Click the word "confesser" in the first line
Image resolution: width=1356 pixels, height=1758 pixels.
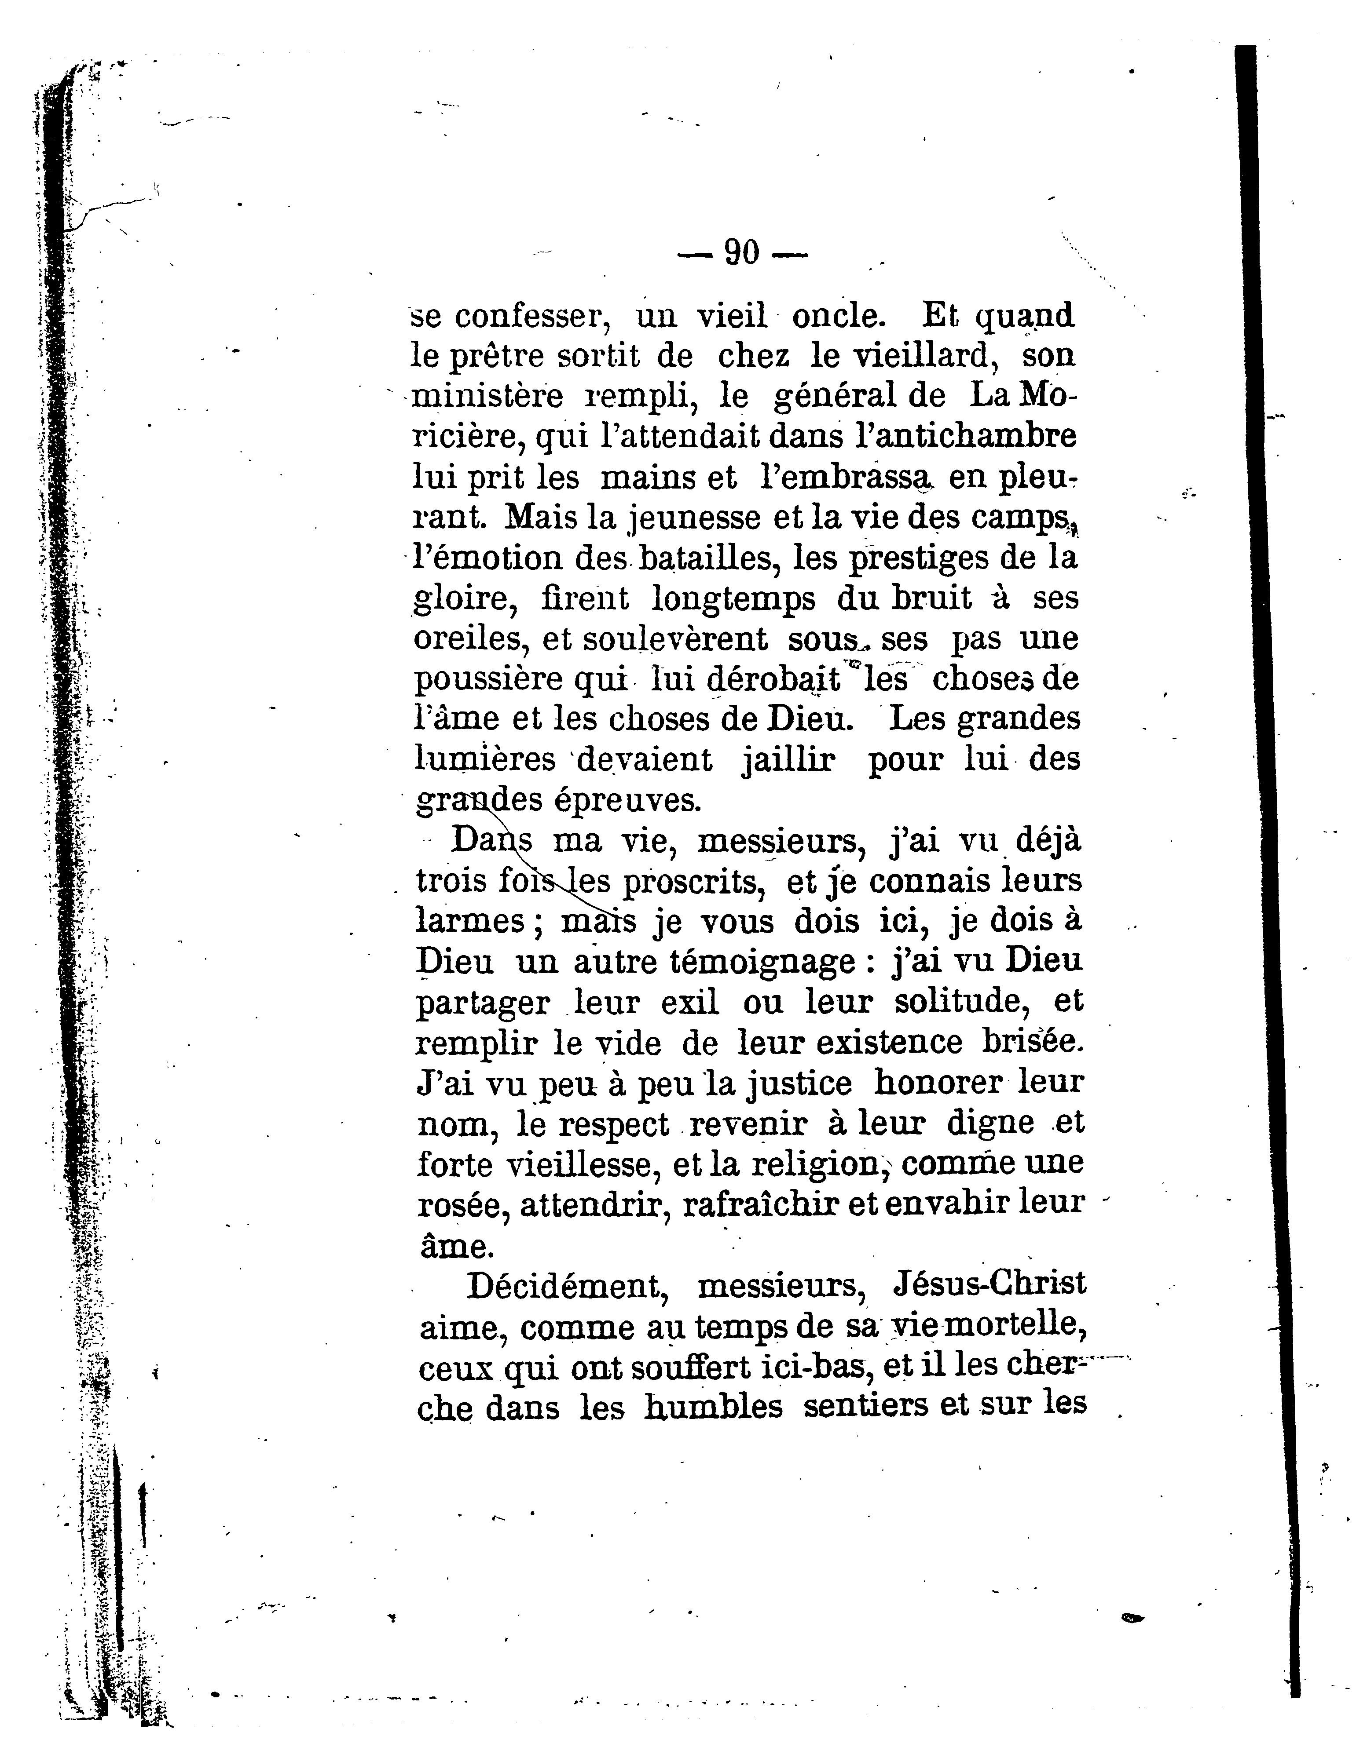[x=531, y=316]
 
